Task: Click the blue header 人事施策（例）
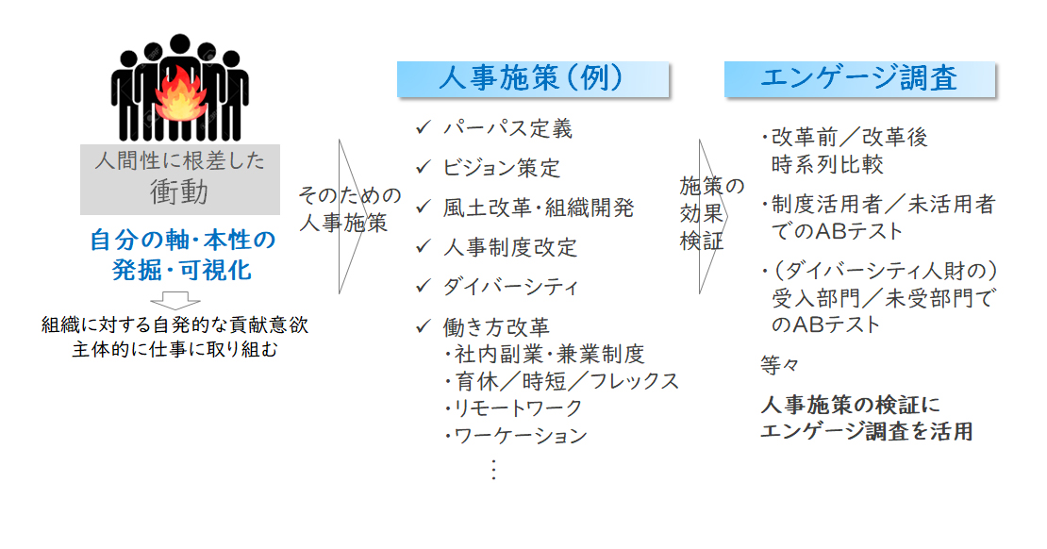532,79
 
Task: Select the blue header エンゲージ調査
859,79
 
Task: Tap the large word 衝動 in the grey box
179,191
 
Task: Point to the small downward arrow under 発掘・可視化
174,300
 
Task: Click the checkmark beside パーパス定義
424,127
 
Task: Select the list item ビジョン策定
502,168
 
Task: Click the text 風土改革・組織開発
539,208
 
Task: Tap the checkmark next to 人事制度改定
424,246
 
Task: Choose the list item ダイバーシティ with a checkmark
511,287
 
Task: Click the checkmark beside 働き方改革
424,326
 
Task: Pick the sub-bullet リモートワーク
513,408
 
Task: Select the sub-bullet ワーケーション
516,435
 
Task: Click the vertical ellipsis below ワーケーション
493,470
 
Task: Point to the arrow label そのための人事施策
349,208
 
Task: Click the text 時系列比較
827,164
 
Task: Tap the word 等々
779,365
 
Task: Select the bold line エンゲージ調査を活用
867,431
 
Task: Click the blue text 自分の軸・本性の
182,240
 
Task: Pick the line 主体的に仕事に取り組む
174,349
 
